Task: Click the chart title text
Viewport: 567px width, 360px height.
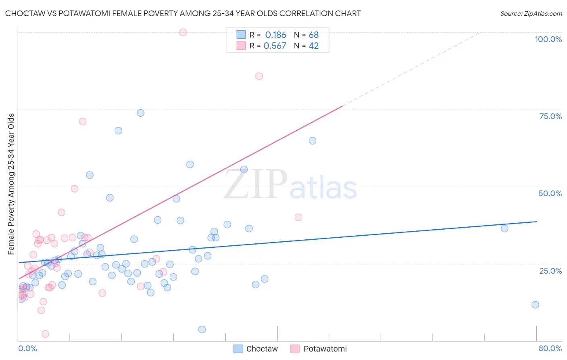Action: (x=183, y=13)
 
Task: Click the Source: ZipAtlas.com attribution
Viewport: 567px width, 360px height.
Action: (x=531, y=13)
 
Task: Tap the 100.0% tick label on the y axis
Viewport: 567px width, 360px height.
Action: (x=548, y=39)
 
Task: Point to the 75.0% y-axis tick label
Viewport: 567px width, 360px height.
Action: (x=550, y=116)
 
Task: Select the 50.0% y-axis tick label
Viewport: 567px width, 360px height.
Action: (x=550, y=193)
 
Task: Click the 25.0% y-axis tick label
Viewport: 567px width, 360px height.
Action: (x=550, y=271)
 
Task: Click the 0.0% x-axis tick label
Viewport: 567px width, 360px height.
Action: (x=27, y=348)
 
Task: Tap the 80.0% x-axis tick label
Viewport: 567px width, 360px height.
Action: (x=550, y=348)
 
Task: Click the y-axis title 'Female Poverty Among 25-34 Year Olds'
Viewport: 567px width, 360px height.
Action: (x=11, y=184)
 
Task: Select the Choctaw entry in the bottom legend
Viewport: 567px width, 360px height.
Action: (x=256, y=349)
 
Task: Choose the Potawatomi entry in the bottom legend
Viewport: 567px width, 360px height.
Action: (x=319, y=349)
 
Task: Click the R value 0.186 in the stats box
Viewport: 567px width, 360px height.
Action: (x=275, y=35)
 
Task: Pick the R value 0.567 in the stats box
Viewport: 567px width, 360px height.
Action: (x=275, y=46)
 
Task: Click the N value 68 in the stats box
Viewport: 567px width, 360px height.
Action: (x=313, y=35)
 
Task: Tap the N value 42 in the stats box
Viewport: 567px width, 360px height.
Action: (x=313, y=46)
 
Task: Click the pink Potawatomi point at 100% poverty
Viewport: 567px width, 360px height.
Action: (x=183, y=32)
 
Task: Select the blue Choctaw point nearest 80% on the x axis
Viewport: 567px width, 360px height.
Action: (x=535, y=305)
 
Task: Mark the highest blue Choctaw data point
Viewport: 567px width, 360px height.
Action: (x=140, y=113)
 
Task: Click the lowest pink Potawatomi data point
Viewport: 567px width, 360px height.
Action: (x=45, y=334)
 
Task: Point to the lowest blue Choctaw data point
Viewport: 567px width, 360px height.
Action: (x=202, y=329)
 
